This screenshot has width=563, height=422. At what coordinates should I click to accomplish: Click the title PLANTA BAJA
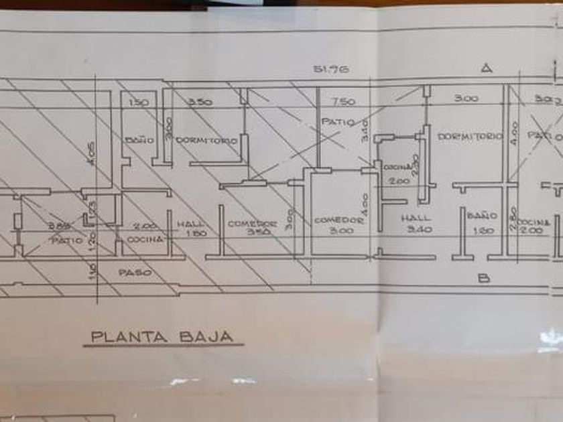(x=162, y=336)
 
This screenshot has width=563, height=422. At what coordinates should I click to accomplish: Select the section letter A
(x=487, y=68)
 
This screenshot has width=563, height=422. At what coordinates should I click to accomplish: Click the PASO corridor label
(x=135, y=273)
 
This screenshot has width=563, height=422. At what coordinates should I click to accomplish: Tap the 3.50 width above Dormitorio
(x=200, y=102)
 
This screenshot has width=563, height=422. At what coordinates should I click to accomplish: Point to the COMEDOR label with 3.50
(x=253, y=223)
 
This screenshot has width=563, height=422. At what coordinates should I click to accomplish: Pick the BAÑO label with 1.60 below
(x=482, y=216)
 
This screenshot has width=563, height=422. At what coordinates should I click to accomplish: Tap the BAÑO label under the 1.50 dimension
(x=139, y=141)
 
